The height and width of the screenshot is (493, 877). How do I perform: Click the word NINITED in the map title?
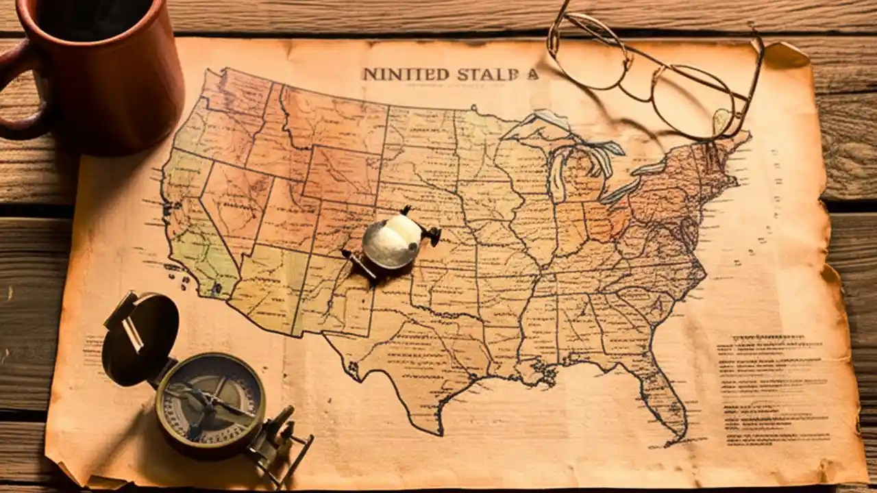tap(395, 74)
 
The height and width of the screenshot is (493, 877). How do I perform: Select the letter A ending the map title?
tap(532, 74)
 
